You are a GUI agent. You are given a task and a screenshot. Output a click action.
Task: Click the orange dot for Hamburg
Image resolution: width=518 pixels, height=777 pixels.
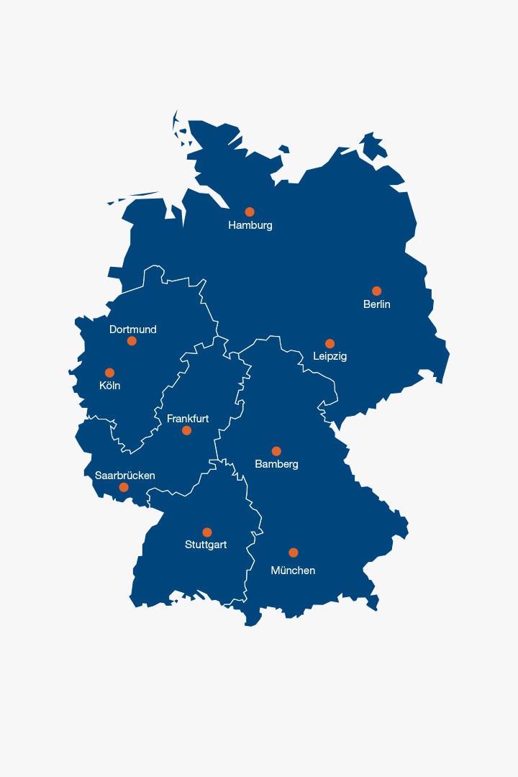250,212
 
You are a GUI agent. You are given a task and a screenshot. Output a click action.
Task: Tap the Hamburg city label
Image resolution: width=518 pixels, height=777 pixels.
250,225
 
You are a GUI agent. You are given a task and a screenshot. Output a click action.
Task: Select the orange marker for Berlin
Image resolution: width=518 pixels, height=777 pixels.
376,291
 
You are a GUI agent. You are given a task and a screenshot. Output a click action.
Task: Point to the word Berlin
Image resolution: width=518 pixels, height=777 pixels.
377,304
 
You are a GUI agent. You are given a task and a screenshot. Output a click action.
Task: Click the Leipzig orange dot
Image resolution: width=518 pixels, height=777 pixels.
330,343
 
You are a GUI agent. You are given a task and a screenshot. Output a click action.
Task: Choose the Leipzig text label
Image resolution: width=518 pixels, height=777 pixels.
330,356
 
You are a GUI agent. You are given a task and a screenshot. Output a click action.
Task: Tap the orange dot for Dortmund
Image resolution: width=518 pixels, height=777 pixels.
132,340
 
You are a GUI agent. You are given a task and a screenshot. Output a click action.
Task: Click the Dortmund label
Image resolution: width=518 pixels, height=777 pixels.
133,330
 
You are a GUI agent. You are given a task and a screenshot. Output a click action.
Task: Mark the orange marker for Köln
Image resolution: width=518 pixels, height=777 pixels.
109,373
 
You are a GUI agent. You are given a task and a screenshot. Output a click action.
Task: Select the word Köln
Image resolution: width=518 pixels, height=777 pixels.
110,386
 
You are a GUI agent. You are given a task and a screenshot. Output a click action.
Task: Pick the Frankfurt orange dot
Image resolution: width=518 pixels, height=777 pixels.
186,430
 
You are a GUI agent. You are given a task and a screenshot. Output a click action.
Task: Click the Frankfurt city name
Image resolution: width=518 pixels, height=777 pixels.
188,418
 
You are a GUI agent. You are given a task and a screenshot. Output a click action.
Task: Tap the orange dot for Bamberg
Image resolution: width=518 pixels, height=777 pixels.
276,451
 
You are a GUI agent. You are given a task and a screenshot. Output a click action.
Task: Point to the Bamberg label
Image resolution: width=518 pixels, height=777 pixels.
276,464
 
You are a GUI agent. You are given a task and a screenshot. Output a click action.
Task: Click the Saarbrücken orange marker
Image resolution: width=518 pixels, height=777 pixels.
124,487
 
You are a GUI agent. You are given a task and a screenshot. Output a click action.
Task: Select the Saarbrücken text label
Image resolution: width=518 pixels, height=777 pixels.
125,476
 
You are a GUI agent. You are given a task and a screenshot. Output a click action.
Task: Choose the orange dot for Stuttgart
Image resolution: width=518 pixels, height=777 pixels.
207,532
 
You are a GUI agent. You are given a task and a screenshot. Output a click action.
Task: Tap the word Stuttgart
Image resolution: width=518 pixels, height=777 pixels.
206,545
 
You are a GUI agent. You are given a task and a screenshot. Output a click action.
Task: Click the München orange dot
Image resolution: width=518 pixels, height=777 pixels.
294,553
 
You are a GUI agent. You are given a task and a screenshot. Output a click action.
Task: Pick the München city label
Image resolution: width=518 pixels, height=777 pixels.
293,571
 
